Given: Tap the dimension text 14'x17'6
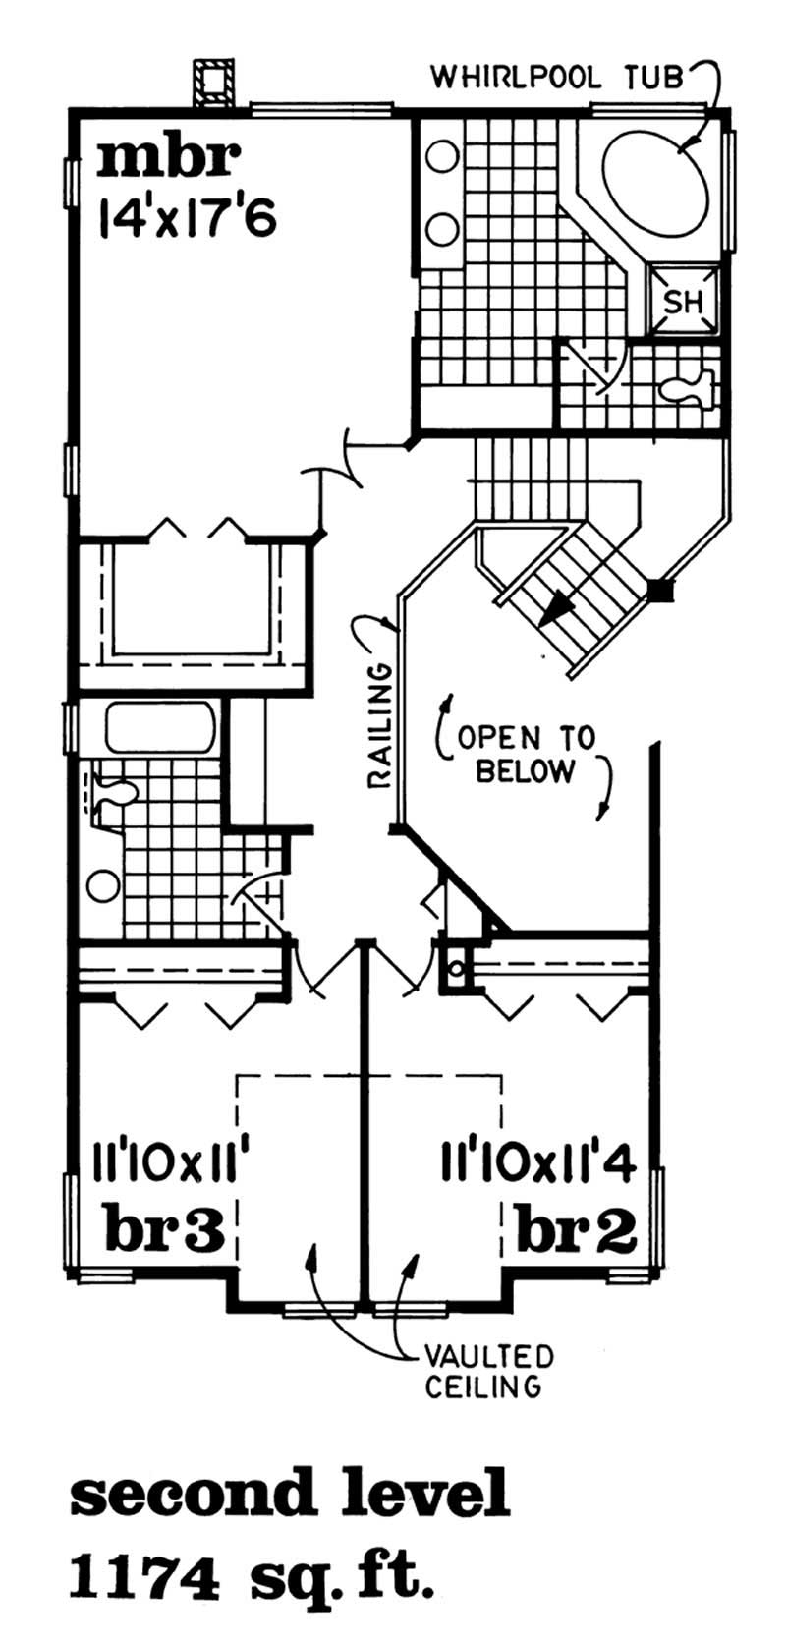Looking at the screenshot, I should pyautogui.click(x=187, y=215).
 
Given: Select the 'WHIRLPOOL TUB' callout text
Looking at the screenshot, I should pyautogui.click(x=557, y=77).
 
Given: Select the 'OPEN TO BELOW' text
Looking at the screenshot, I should pyautogui.click(x=523, y=754).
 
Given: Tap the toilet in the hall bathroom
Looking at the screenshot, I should pyautogui.click(x=109, y=794).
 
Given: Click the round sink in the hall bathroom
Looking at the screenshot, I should pyautogui.click(x=100, y=885).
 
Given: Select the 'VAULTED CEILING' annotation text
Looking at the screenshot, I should pyautogui.click(x=487, y=1372).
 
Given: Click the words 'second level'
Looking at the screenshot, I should pyautogui.click(x=291, y=1496).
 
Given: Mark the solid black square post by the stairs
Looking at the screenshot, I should pyautogui.click(x=661, y=590).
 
